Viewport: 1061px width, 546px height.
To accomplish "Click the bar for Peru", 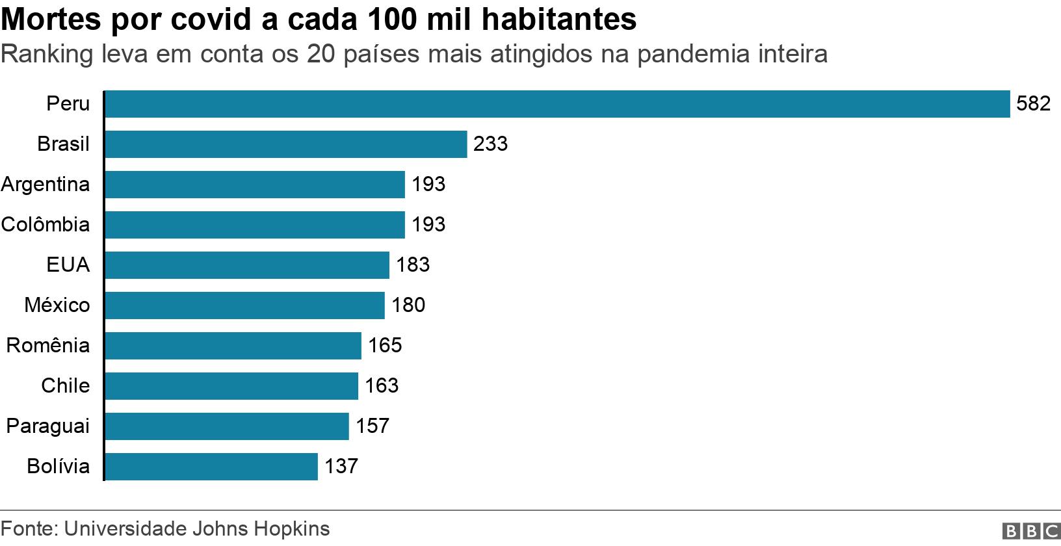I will tap(557, 104).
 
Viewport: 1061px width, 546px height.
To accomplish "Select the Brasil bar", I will tap(285, 144).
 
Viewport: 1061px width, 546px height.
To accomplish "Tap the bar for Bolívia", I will tap(211, 467).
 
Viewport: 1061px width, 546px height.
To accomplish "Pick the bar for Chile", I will tap(231, 386).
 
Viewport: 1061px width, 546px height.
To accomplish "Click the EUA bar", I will tap(246, 265).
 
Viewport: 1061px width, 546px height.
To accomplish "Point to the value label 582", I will tap(1033, 104).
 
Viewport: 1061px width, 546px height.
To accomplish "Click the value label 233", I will tap(490, 144).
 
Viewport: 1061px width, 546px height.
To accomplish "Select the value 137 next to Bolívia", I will tap(341, 467).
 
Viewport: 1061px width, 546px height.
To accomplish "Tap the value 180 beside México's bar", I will tap(408, 305).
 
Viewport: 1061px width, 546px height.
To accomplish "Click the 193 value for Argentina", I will tap(428, 185).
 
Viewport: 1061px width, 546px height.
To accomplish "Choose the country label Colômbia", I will tap(46, 225).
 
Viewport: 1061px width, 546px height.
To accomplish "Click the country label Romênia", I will tap(48, 346).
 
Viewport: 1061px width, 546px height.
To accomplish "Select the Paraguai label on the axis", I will tap(48, 426).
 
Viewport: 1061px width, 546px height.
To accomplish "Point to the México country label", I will tap(57, 305).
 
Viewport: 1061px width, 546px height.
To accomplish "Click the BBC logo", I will tap(1030, 531).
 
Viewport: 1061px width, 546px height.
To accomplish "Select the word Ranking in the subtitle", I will tap(47, 54).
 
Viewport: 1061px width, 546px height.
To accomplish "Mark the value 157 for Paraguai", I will tap(373, 426).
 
